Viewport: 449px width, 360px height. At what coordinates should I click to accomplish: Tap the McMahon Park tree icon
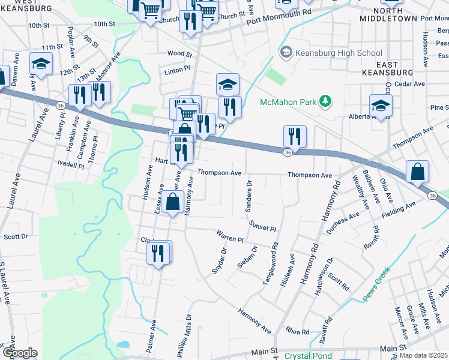click(325, 101)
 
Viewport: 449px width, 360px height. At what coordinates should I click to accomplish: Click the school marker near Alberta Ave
click(381, 106)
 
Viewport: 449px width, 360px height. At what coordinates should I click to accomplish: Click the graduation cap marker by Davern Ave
click(41, 64)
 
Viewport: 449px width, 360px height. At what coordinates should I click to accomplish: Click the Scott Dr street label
click(16, 236)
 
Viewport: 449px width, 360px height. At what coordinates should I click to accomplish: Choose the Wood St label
click(175, 53)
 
